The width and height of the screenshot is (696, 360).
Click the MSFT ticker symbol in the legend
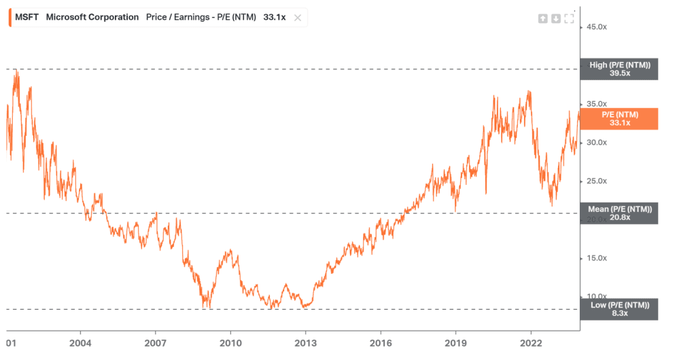pyautogui.click(x=27, y=17)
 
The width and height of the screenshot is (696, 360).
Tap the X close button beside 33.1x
pyautogui.click(x=297, y=18)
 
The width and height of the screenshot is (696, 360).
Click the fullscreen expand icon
pyautogui.click(x=569, y=18)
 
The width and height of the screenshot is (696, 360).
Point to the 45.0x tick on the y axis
pyautogui.click(x=596, y=26)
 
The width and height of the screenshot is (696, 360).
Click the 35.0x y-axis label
pyautogui.click(x=596, y=104)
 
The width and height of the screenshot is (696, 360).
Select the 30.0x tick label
pyautogui.click(x=596, y=143)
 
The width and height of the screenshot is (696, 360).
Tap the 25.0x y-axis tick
pyautogui.click(x=596, y=181)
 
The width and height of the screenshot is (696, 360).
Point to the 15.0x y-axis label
pyautogui.click(x=596, y=258)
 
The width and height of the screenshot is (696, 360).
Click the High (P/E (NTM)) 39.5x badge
pyautogui.click(x=619, y=69)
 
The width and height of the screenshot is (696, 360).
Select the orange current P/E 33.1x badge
pyautogui.click(x=619, y=119)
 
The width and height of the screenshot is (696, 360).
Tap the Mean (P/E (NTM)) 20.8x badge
pyautogui.click(x=619, y=213)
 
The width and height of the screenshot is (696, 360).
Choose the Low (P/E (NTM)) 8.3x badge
pyautogui.click(x=619, y=309)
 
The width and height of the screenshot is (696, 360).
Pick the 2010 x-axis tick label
pyautogui.click(x=230, y=343)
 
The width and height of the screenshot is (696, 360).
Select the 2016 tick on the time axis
pyautogui.click(x=381, y=343)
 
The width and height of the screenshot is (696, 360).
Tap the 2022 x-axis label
pyautogui.click(x=531, y=343)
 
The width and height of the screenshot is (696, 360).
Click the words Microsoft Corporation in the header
pyautogui.click(x=92, y=17)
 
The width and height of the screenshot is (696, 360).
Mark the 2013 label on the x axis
pyautogui.click(x=306, y=343)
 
